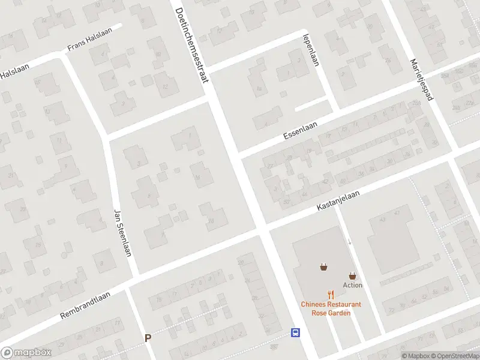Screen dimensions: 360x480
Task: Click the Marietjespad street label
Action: click(421, 79)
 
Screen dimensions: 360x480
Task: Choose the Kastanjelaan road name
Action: click(340, 198)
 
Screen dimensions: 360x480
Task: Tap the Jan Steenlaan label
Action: click(122, 232)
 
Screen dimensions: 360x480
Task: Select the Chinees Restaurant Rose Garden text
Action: click(331, 308)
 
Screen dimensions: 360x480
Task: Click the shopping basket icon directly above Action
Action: click(353, 275)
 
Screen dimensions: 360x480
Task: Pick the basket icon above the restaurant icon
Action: click(324, 267)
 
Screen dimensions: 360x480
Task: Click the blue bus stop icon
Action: click(295, 333)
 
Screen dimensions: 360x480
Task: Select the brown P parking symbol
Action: click(148, 338)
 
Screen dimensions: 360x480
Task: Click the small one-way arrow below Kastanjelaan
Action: click(350, 241)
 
